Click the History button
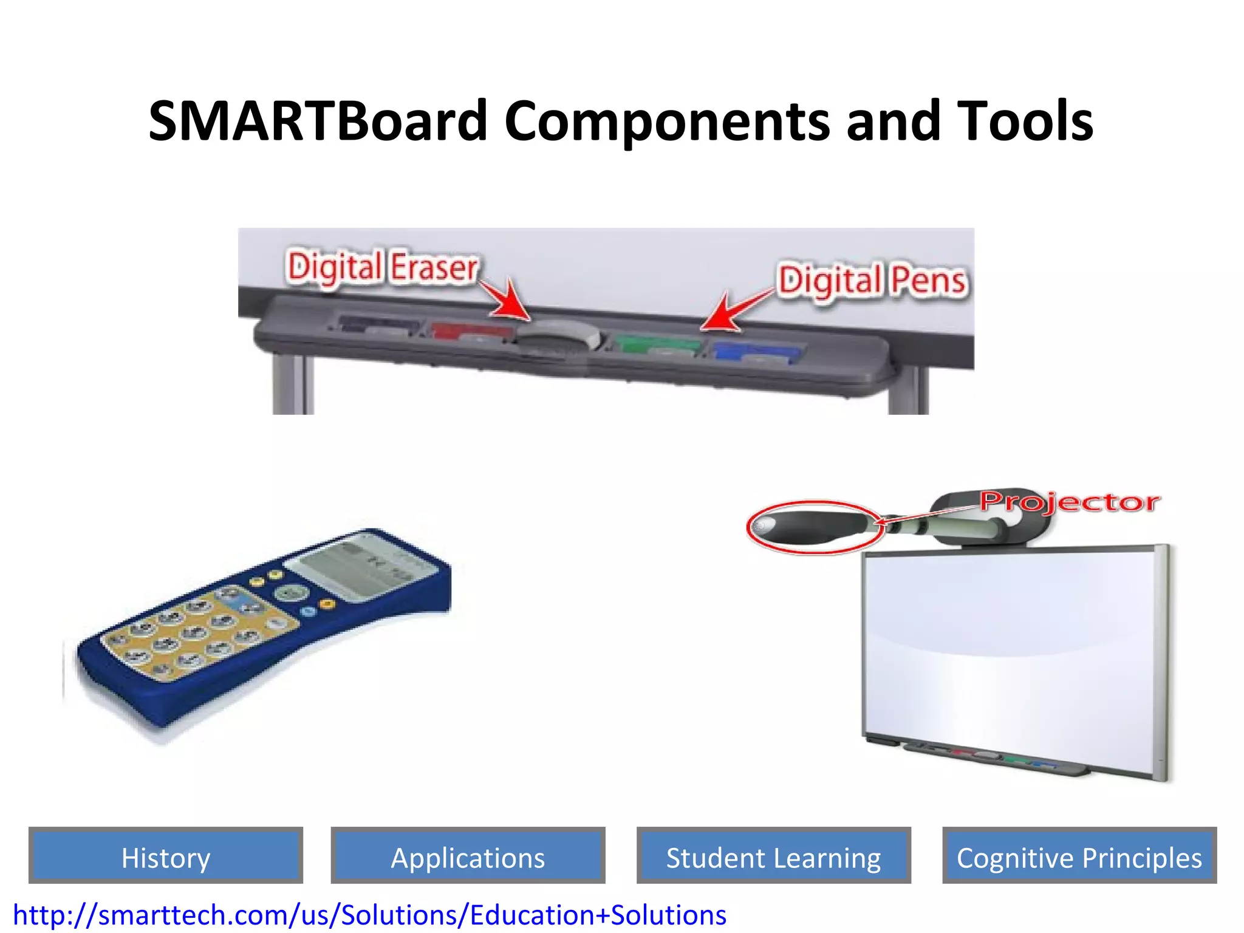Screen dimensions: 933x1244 [165, 857]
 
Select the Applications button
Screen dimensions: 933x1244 [468, 857]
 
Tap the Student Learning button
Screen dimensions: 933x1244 [773, 857]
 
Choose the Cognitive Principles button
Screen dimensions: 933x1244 [1079, 857]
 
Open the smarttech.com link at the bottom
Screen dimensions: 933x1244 [369, 915]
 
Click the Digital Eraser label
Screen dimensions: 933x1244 [383, 267]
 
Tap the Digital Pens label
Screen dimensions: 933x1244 [872, 281]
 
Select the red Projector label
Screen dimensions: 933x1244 [1070, 502]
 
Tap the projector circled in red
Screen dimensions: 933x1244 [811, 526]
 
